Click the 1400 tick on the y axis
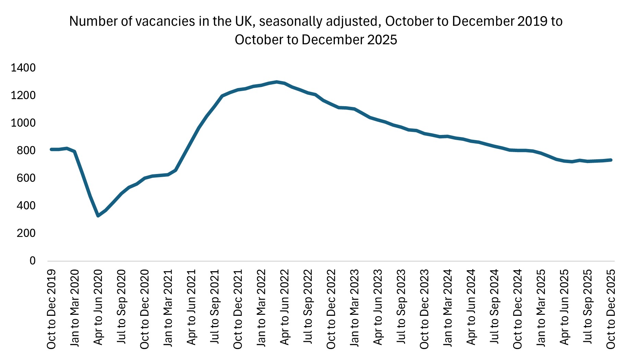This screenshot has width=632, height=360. [23, 68]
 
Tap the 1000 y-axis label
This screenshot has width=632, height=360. [23, 123]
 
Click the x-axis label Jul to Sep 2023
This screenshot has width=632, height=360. [401, 307]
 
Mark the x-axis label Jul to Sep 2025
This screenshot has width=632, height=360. [587, 307]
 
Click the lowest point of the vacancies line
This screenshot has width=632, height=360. [98, 216]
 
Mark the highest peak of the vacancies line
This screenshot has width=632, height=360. [277, 82]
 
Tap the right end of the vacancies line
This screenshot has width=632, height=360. [611, 160]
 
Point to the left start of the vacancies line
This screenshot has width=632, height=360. [51, 149]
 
